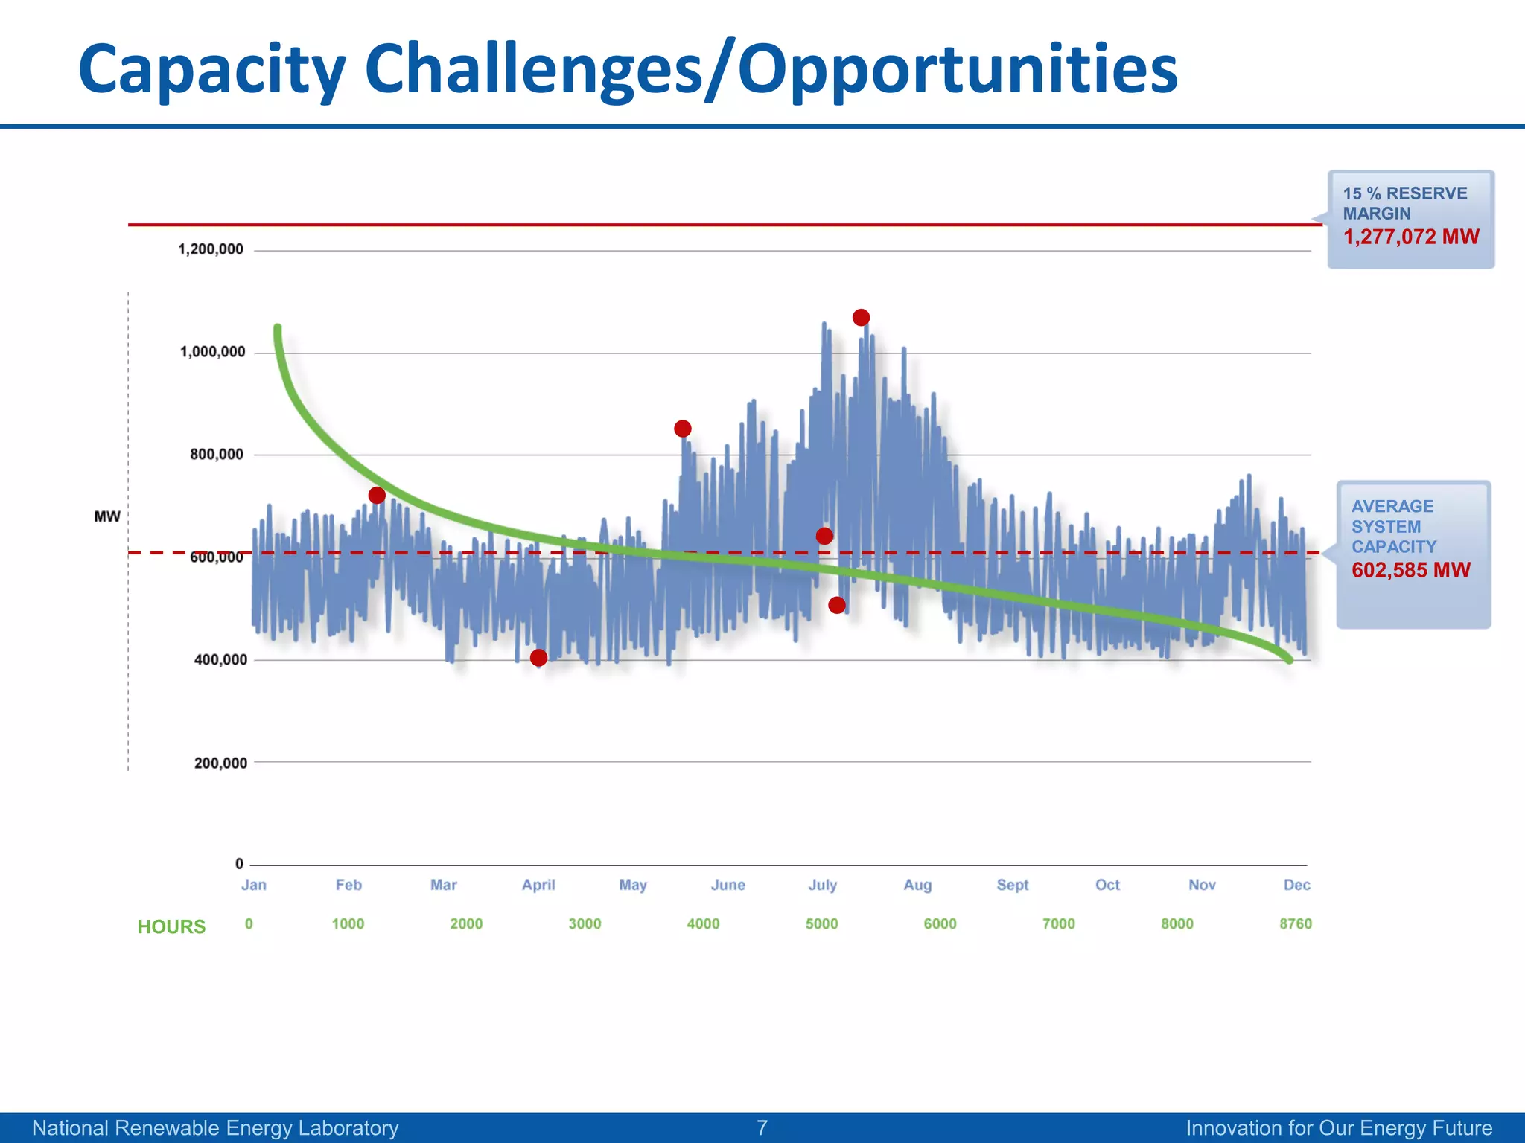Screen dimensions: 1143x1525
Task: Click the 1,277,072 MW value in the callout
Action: click(x=1410, y=237)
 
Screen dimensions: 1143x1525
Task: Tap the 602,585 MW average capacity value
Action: click(x=1410, y=571)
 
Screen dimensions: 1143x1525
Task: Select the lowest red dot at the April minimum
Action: click(x=538, y=658)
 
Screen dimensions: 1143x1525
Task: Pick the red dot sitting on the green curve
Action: click(x=377, y=496)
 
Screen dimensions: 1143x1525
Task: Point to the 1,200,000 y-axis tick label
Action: click(x=211, y=249)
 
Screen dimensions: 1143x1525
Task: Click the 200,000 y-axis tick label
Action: click(x=220, y=763)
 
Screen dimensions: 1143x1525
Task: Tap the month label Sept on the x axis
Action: click(x=1012, y=885)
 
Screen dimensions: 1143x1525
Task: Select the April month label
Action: click(x=538, y=885)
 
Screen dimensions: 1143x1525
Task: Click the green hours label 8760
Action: click(x=1295, y=924)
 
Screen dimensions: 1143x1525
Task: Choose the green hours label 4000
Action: click(x=703, y=924)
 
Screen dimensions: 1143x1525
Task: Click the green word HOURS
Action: click(x=171, y=926)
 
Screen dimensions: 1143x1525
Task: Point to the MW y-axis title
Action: click(x=107, y=516)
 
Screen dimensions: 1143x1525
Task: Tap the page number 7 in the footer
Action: click(x=762, y=1128)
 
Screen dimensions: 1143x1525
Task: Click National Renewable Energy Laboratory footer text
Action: click(x=215, y=1128)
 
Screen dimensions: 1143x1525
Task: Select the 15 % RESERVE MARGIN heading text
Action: click(x=1404, y=203)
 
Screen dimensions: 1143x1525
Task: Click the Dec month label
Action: click(x=1296, y=885)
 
